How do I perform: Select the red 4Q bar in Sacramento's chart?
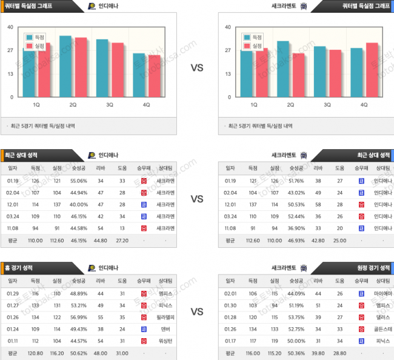pyautogui.click(x=372, y=70)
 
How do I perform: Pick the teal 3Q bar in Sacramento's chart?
pyautogui.click(x=319, y=72)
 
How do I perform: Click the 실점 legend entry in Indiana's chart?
pyautogui.click(x=36, y=46)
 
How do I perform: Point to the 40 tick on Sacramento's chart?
pyautogui.click(x=228, y=27)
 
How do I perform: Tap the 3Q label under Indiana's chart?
pyautogui.click(x=110, y=105)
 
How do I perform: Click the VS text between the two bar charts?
pyautogui.click(x=197, y=68)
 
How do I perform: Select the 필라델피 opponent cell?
pyautogui.click(x=165, y=317)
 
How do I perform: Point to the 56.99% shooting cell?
pyautogui.click(x=80, y=317)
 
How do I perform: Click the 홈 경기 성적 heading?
pyautogui.click(x=21, y=267)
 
